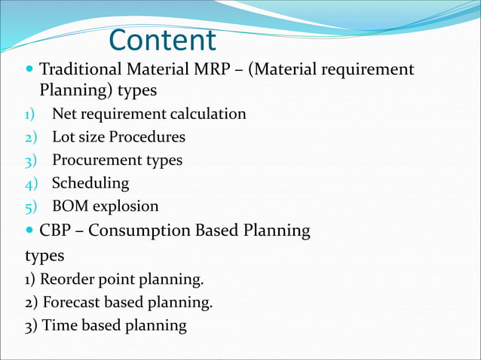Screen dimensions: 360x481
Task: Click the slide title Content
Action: coord(162,41)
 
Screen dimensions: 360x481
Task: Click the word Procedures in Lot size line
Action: coord(147,138)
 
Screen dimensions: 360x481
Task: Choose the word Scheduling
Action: coord(90,184)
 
